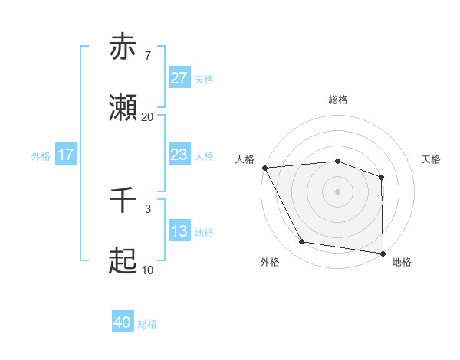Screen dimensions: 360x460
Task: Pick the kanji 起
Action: (123, 262)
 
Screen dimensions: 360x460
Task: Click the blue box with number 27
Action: (179, 78)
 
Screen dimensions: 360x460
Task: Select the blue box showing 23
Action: (179, 155)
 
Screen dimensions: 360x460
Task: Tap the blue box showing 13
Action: (179, 231)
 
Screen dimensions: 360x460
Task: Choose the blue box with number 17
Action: (66, 155)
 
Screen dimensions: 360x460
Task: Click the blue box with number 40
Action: (123, 323)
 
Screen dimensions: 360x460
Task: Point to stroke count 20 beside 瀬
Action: (147, 117)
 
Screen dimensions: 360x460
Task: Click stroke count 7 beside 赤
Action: (147, 55)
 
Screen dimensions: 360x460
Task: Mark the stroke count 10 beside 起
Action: (147, 270)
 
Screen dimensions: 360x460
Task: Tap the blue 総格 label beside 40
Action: (148, 324)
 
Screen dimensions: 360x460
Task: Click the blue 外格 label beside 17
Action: (41, 155)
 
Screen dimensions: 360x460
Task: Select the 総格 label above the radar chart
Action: (338, 100)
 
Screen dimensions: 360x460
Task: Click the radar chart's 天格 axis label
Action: (432, 159)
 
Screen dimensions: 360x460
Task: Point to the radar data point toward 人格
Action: (264, 168)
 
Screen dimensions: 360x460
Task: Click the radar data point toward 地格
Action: (383, 253)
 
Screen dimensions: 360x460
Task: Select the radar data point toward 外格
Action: (302, 242)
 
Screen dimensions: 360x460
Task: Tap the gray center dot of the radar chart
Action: (338, 191)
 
